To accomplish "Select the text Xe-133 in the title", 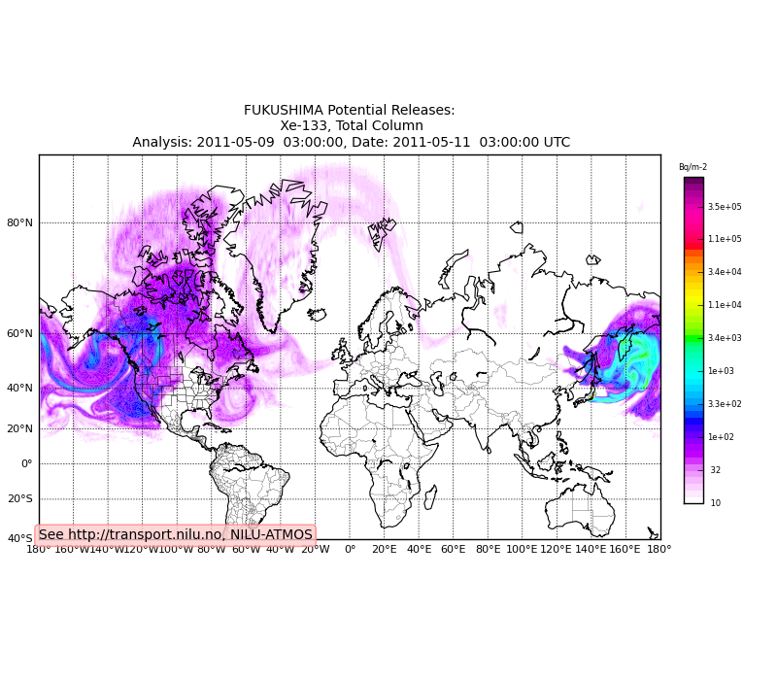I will click(x=305, y=126).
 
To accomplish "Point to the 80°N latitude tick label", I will click(x=20, y=222).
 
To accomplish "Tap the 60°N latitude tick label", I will click(x=20, y=333).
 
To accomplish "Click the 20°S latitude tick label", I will click(x=20, y=498).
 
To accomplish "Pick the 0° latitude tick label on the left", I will click(x=27, y=463).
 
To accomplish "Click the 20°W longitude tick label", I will click(x=315, y=550).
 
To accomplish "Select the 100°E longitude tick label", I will click(x=522, y=550).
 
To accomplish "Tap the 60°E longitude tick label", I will click(x=454, y=550).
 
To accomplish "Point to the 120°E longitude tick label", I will click(x=557, y=550).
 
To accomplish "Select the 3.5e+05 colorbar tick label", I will click(x=725, y=207).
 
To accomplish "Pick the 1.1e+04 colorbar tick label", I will click(x=725, y=305).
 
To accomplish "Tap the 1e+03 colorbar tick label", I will click(x=721, y=371).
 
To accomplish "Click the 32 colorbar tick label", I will click(x=716, y=470).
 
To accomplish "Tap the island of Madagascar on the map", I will click(x=430, y=497).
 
